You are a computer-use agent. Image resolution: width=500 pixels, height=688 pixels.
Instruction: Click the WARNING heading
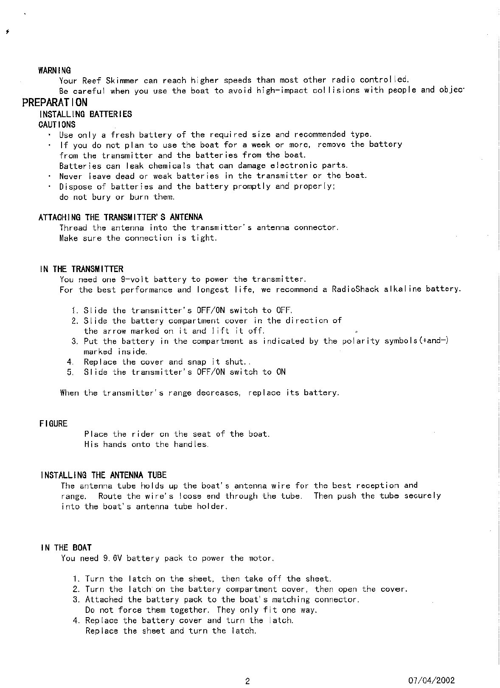[x=55, y=70]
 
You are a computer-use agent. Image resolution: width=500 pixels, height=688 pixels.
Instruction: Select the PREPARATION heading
[x=55, y=102]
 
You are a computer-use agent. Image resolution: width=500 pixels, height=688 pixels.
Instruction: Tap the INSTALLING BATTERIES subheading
[x=85, y=114]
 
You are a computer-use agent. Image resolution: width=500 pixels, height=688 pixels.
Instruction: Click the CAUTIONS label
[x=57, y=124]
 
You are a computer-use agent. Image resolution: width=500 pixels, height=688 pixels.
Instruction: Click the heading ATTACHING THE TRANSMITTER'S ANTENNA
[x=121, y=217]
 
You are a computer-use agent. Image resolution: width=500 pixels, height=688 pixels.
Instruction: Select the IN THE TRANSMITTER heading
[x=81, y=269]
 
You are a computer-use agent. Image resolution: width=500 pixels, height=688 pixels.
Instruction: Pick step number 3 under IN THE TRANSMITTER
[x=74, y=342]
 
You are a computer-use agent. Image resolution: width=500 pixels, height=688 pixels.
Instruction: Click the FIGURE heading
[x=53, y=424]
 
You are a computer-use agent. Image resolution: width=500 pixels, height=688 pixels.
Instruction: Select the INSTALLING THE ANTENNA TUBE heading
[x=104, y=475]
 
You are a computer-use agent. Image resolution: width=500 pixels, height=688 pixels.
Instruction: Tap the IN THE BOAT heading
[x=66, y=548]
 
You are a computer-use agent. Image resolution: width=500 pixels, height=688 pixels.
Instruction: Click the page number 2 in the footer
[x=247, y=681]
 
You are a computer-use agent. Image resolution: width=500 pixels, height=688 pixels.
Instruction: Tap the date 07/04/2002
[x=431, y=680]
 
